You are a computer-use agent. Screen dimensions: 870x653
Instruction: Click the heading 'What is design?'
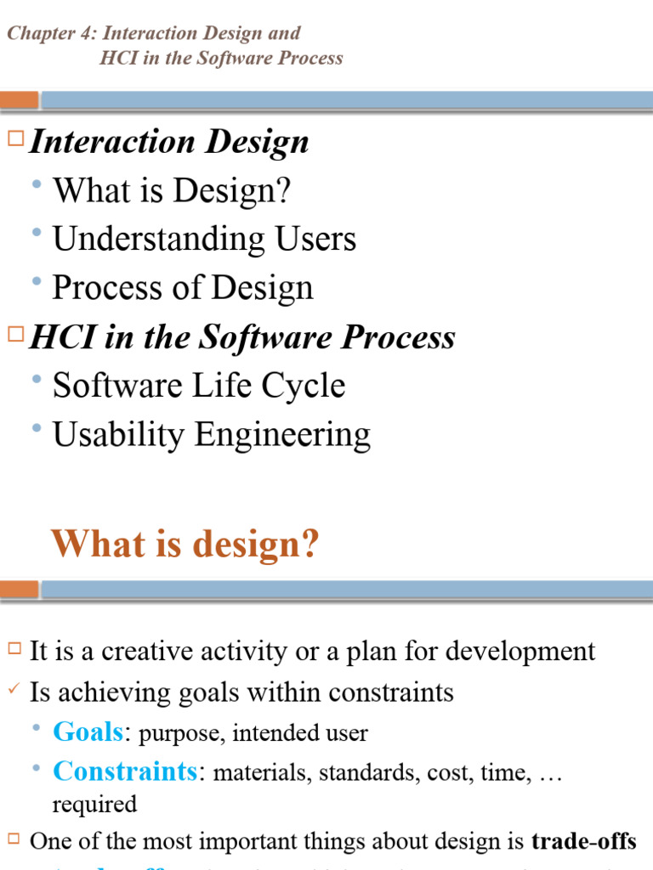[185, 544]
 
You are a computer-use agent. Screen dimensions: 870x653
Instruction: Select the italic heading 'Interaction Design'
[168, 142]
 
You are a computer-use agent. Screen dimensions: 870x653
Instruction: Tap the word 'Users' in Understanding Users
[315, 239]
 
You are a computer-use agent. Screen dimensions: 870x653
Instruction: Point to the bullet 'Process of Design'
[182, 288]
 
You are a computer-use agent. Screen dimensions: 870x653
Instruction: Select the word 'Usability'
[118, 435]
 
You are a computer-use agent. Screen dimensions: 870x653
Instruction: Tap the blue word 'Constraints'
[125, 771]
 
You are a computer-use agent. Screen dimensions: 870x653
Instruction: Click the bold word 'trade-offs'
[583, 841]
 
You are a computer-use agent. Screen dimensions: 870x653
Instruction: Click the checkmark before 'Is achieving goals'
[13, 689]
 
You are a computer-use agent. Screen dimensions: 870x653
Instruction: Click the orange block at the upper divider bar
[19, 99]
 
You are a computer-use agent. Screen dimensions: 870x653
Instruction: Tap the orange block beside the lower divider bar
[19, 589]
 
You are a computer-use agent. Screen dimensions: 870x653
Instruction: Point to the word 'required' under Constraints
[94, 804]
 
